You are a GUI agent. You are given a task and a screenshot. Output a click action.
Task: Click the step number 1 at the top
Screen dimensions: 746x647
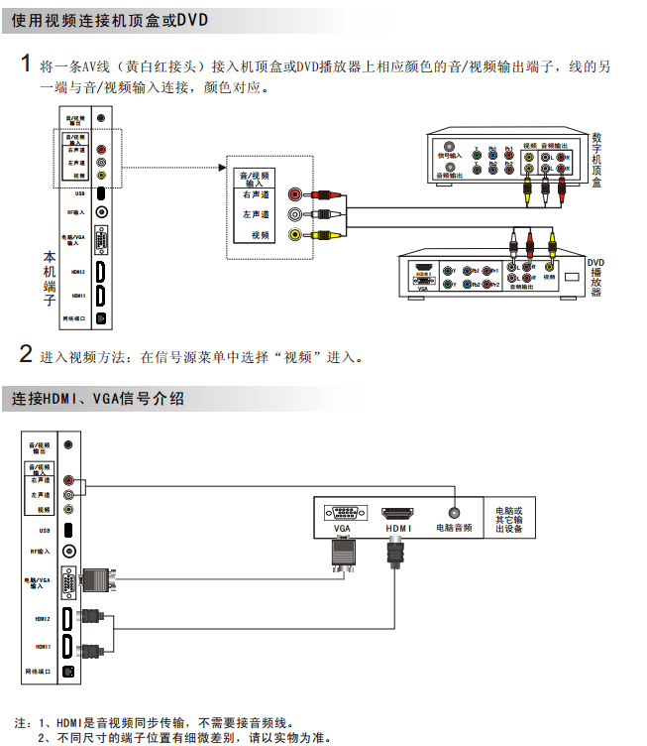click(27, 64)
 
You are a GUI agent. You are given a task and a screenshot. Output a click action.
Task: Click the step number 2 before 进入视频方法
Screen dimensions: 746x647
click(27, 354)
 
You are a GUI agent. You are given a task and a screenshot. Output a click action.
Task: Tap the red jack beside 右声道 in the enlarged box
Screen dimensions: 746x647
click(294, 195)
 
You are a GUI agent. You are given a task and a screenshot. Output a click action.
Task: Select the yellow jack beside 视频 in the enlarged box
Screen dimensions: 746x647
click(294, 235)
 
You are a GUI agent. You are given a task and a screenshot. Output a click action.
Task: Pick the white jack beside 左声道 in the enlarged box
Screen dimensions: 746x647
click(294, 214)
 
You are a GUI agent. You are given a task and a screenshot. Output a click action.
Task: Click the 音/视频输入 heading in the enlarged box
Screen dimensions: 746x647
click(255, 179)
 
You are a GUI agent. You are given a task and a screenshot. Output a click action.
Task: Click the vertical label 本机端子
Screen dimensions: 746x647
click(49, 278)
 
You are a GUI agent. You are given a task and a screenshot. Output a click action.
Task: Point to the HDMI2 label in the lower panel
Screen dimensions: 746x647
click(43, 618)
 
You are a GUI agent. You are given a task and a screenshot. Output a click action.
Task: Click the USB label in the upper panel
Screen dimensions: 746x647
click(79, 193)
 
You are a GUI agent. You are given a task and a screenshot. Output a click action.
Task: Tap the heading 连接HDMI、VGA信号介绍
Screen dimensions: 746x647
click(99, 399)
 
